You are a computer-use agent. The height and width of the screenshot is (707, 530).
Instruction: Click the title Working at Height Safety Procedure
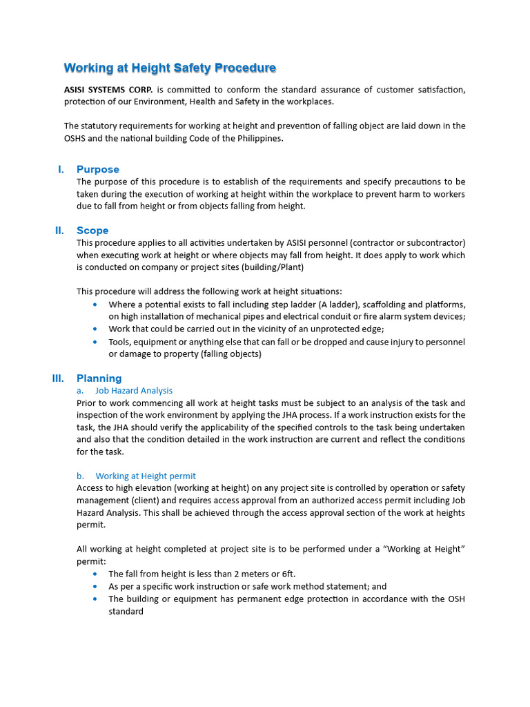(x=170, y=68)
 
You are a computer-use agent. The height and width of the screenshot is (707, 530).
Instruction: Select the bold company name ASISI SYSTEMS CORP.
(x=108, y=90)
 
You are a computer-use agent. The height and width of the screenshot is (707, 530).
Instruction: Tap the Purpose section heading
(x=98, y=169)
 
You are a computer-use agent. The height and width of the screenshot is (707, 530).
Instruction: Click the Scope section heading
(x=92, y=231)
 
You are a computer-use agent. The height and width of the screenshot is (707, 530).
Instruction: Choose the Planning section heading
(x=99, y=378)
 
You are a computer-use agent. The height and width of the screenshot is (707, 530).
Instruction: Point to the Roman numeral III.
(x=58, y=378)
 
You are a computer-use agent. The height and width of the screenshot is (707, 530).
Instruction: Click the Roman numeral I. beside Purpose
(x=61, y=169)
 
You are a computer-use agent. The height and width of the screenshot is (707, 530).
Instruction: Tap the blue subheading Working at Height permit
(x=146, y=476)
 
